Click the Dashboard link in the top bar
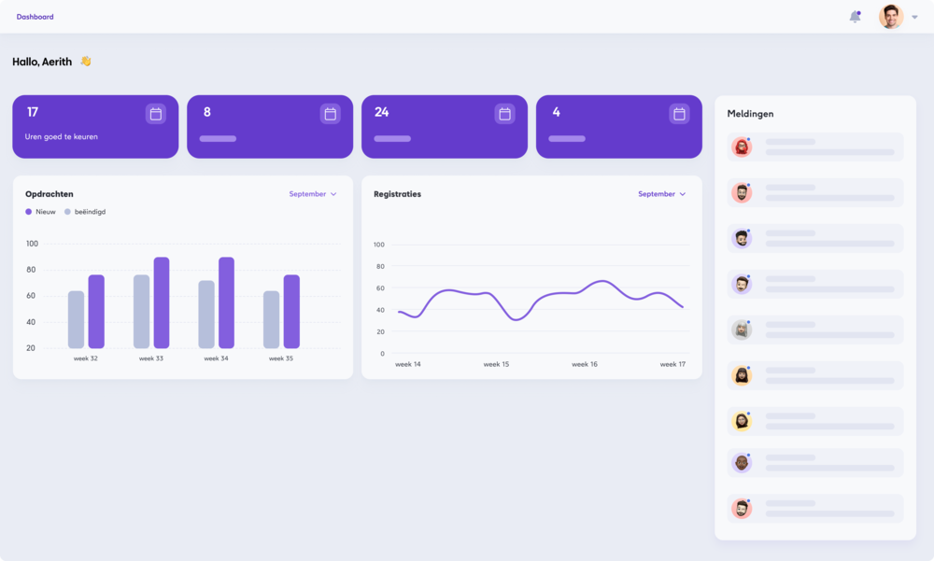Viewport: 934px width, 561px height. pyautogui.click(x=35, y=17)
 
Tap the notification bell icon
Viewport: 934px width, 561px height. pyautogui.click(x=855, y=17)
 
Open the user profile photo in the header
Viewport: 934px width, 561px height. pyautogui.click(x=891, y=17)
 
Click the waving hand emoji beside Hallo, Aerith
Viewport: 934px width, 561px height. pyautogui.click(x=85, y=62)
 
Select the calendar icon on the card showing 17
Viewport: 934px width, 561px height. pyautogui.click(x=156, y=114)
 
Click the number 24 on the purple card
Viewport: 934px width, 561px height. pyautogui.click(x=381, y=112)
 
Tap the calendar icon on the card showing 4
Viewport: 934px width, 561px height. pyautogui.click(x=679, y=114)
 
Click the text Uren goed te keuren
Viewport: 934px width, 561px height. pyautogui.click(x=62, y=136)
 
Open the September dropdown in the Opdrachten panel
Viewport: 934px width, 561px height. pyautogui.click(x=313, y=194)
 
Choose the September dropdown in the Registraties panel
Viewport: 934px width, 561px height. pyautogui.click(x=661, y=194)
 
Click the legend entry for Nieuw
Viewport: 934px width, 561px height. pyautogui.click(x=40, y=212)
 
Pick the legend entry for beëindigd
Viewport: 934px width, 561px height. pyautogui.click(x=85, y=212)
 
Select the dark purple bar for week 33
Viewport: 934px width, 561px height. pyautogui.click(x=162, y=302)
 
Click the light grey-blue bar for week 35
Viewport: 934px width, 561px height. pyautogui.click(x=271, y=319)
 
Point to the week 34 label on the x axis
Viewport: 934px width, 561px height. pyautogui.click(x=216, y=358)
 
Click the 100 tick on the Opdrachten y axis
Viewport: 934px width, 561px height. pyautogui.click(x=32, y=244)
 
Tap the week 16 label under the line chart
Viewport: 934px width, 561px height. pyautogui.click(x=585, y=364)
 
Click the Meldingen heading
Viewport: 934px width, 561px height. pyautogui.click(x=750, y=114)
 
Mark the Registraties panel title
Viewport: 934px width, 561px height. pyautogui.click(x=397, y=194)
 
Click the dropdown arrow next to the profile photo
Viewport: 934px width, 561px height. pyautogui.click(x=914, y=17)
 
